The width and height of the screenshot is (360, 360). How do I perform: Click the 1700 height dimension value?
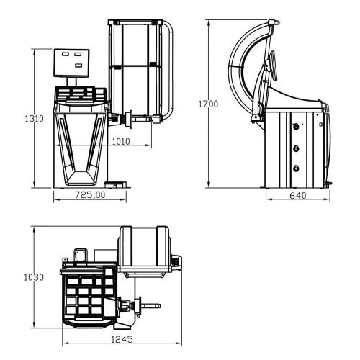click(x=208, y=104)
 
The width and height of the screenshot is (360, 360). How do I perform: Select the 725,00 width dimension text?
click(x=90, y=194)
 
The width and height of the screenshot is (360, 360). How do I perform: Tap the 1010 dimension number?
click(x=121, y=142)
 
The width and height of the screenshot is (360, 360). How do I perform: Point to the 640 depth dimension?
click(x=297, y=195)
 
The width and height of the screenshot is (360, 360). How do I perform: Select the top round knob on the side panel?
click(x=296, y=125)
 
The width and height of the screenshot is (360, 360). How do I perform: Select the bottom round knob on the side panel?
click(x=296, y=167)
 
